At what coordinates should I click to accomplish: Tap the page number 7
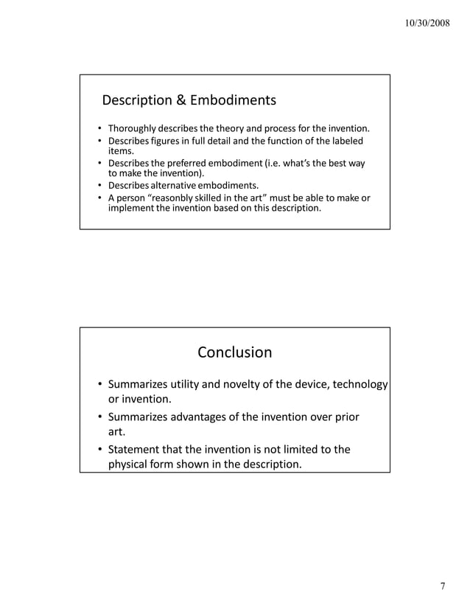click(x=443, y=587)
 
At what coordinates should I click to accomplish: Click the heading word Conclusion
click(x=234, y=352)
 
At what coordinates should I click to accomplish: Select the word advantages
click(x=203, y=417)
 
